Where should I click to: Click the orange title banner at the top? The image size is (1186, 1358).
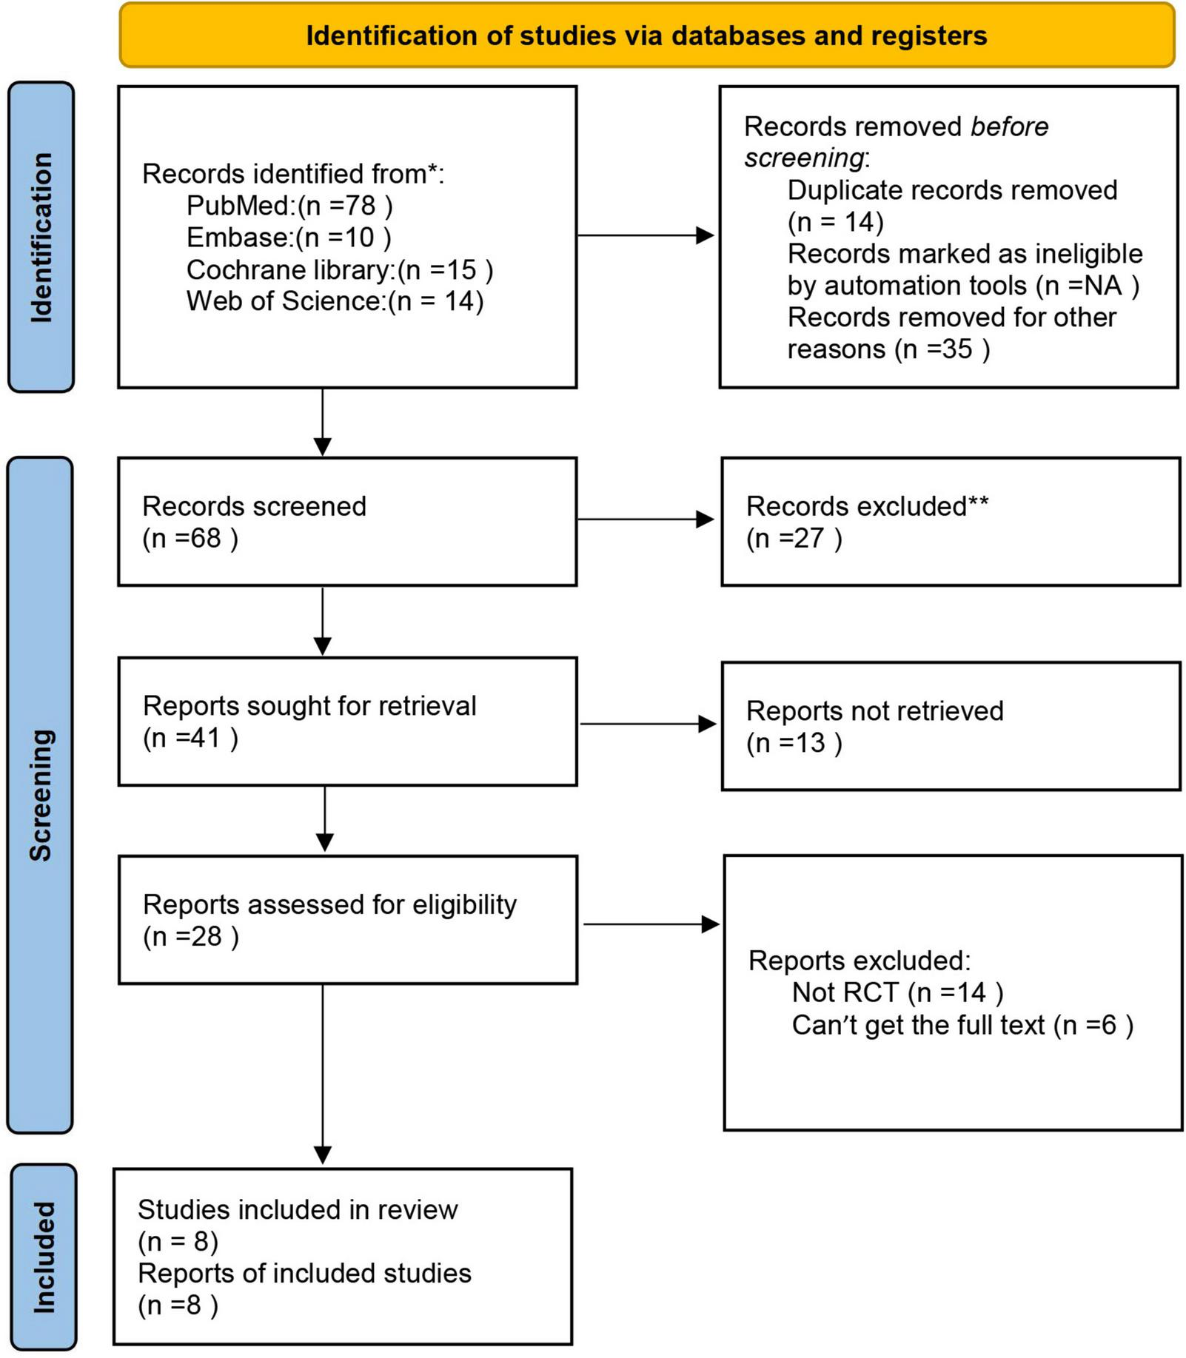pos(646,36)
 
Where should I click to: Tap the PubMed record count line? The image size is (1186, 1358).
pos(289,206)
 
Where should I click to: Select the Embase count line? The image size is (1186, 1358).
pos(289,238)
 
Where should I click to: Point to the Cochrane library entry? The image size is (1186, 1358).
pos(339,270)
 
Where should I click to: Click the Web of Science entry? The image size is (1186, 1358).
pos(335,301)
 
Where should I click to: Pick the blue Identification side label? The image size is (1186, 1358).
pos(41,237)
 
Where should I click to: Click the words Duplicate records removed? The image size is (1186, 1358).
pos(952,190)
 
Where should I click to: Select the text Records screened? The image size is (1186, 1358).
pos(254,506)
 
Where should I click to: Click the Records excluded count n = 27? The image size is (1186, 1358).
pos(794,538)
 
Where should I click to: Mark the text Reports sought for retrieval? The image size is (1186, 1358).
pos(309,706)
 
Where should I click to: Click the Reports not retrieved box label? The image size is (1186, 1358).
pos(874,711)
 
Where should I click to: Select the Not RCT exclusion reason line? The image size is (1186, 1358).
pos(897,992)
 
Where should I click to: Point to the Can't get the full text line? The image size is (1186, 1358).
pos(962,1025)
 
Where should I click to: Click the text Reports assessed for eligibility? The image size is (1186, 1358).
pos(329,904)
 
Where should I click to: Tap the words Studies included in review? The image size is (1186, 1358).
pos(298,1209)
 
